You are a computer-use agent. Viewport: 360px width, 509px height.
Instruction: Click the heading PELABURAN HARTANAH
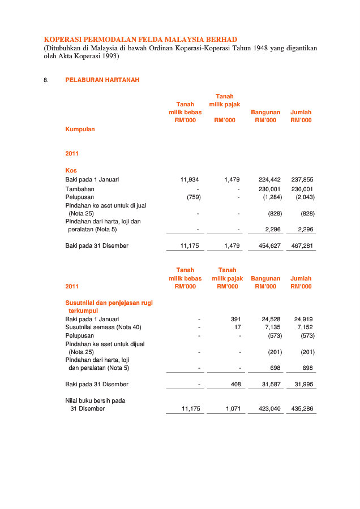click(x=102, y=80)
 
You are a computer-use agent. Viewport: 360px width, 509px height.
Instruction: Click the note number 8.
click(x=46, y=80)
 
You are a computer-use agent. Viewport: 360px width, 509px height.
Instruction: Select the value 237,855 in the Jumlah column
click(x=303, y=179)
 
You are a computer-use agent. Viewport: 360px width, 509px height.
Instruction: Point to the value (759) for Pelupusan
click(x=194, y=197)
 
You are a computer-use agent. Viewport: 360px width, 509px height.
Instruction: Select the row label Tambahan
click(x=80, y=189)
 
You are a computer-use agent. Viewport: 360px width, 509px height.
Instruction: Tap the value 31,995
click(x=303, y=384)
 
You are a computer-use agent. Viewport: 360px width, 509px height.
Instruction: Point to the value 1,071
click(x=233, y=408)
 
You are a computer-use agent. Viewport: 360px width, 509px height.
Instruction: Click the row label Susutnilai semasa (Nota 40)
click(x=103, y=327)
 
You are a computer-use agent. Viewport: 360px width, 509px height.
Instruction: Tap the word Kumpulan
click(x=80, y=129)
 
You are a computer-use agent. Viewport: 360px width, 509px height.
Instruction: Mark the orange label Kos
click(x=71, y=170)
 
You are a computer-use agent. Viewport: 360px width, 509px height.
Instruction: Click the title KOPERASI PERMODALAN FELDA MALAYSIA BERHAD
click(x=140, y=40)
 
